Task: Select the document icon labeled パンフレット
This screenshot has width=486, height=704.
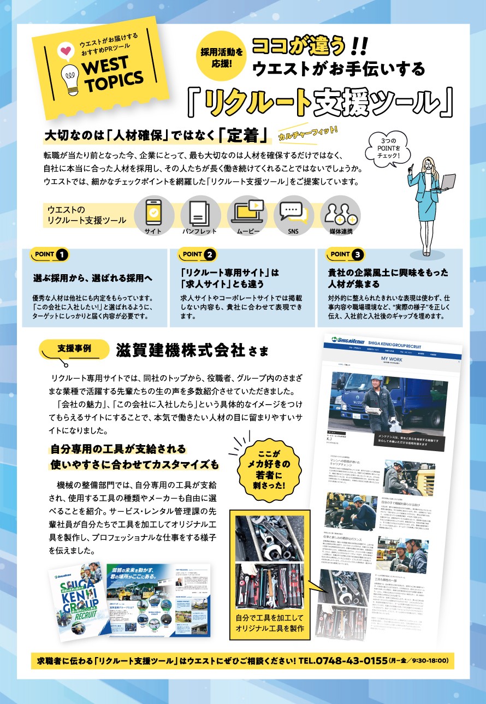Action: tap(199, 212)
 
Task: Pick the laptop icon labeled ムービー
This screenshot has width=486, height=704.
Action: tap(247, 212)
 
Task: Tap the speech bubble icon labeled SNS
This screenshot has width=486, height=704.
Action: tap(293, 212)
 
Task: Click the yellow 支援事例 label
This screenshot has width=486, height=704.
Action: tap(75, 348)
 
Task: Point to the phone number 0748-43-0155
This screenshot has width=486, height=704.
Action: tap(351, 661)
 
